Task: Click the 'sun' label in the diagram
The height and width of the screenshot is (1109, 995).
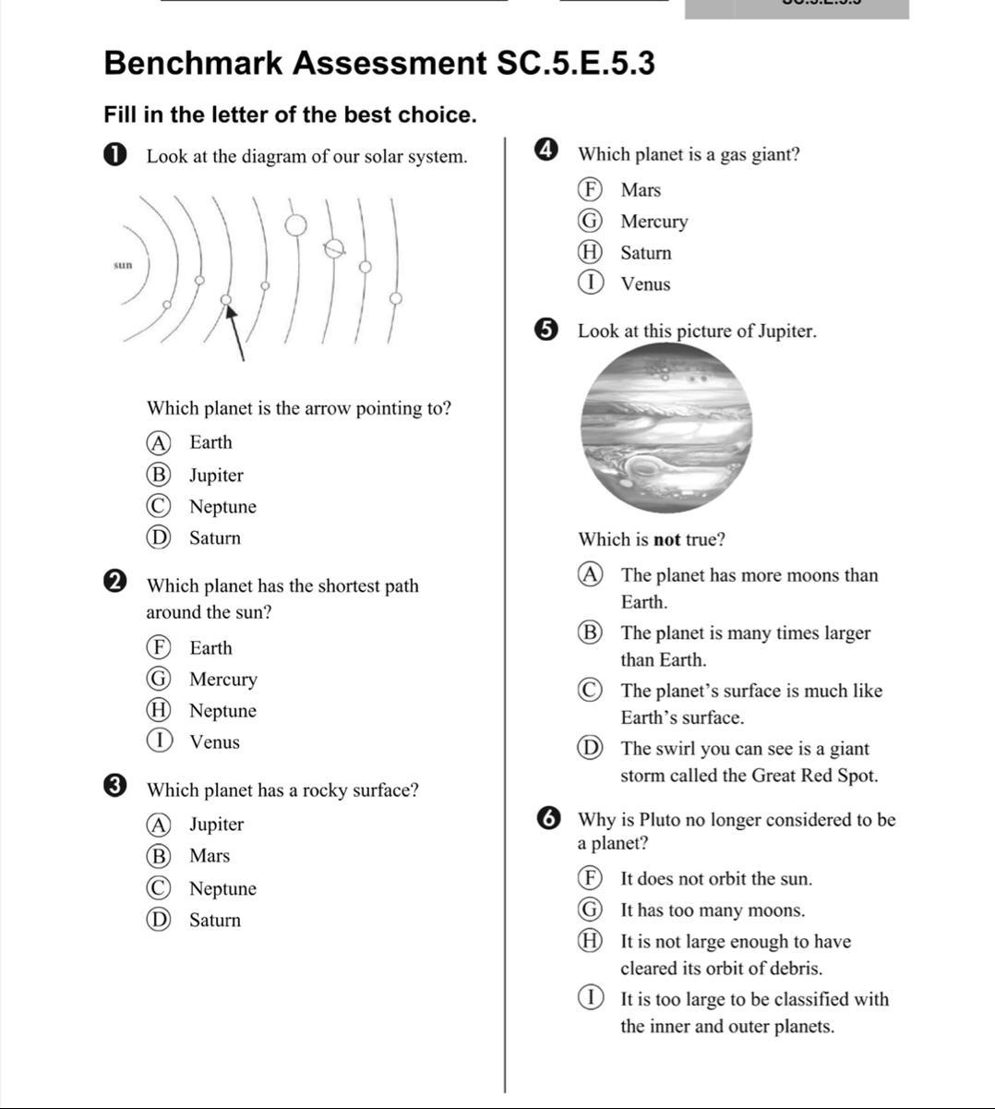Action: click(x=123, y=266)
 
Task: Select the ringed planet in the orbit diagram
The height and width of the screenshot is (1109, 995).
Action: click(x=334, y=249)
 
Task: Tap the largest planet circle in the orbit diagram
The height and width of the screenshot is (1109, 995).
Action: click(x=295, y=225)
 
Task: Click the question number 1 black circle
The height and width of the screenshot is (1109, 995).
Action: click(x=115, y=155)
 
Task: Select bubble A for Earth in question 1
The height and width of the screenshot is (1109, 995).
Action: click(x=158, y=443)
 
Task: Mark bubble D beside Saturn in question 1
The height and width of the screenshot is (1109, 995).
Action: click(x=158, y=537)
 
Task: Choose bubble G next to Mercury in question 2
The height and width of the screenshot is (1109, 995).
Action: click(x=158, y=679)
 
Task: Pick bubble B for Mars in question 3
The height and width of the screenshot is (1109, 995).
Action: click(x=158, y=856)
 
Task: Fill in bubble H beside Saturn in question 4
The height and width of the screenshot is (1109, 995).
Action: click(x=590, y=252)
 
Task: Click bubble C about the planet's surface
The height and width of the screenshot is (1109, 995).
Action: click(x=590, y=691)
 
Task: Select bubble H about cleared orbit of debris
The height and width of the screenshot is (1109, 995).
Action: click(x=590, y=941)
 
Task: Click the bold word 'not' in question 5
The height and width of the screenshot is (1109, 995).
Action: click(x=666, y=539)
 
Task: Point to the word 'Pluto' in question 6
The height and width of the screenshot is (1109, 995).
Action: click(x=658, y=819)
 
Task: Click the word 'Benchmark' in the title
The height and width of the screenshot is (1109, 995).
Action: click(x=193, y=63)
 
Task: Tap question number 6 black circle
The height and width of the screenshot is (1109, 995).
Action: click(x=547, y=819)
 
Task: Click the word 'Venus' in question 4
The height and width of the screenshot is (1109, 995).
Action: click(x=645, y=284)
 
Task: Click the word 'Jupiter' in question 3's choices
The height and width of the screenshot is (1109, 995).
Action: click(x=216, y=824)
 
